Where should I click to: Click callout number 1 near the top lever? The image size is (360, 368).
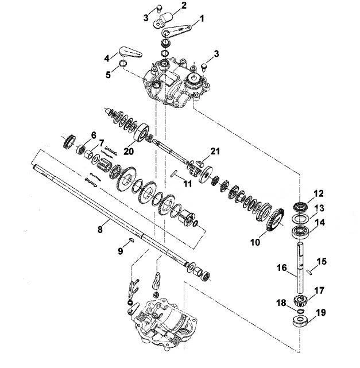(x=202, y=18)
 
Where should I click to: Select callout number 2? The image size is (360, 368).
(x=184, y=5)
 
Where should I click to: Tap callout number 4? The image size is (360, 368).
(x=107, y=58)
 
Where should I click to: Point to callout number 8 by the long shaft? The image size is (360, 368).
(x=100, y=229)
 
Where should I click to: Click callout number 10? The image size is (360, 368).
(x=256, y=242)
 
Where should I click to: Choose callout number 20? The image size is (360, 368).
(x=129, y=151)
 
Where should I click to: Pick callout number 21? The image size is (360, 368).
(x=215, y=152)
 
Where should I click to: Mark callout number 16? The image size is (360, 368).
(x=282, y=268)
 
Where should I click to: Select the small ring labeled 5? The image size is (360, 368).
(x=123, y=63)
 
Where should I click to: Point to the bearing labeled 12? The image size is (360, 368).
(x=300, y=207)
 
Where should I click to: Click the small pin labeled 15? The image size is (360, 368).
(x=309, y=272)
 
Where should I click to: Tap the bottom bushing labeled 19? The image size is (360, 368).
(x=301, y=321)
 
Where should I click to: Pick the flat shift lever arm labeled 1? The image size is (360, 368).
(x=177, y=30)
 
